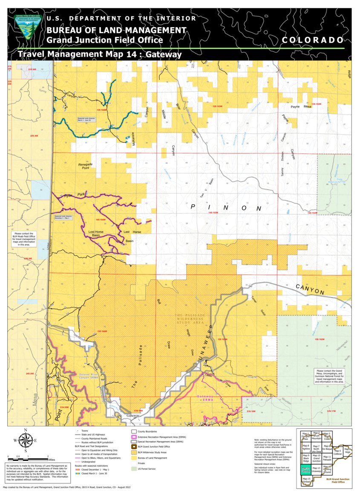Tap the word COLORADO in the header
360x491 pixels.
(312, 40)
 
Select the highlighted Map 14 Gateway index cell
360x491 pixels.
(305, 470)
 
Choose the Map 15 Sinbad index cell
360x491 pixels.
(305, 480)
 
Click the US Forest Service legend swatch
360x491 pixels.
(134, 469)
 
